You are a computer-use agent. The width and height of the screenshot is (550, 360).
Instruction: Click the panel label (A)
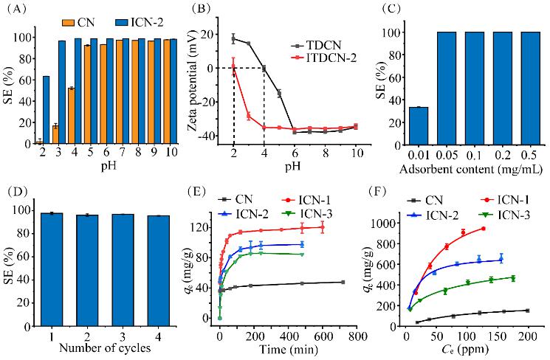coord(18,10)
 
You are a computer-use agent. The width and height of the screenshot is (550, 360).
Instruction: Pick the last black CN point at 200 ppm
coord(527,311)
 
